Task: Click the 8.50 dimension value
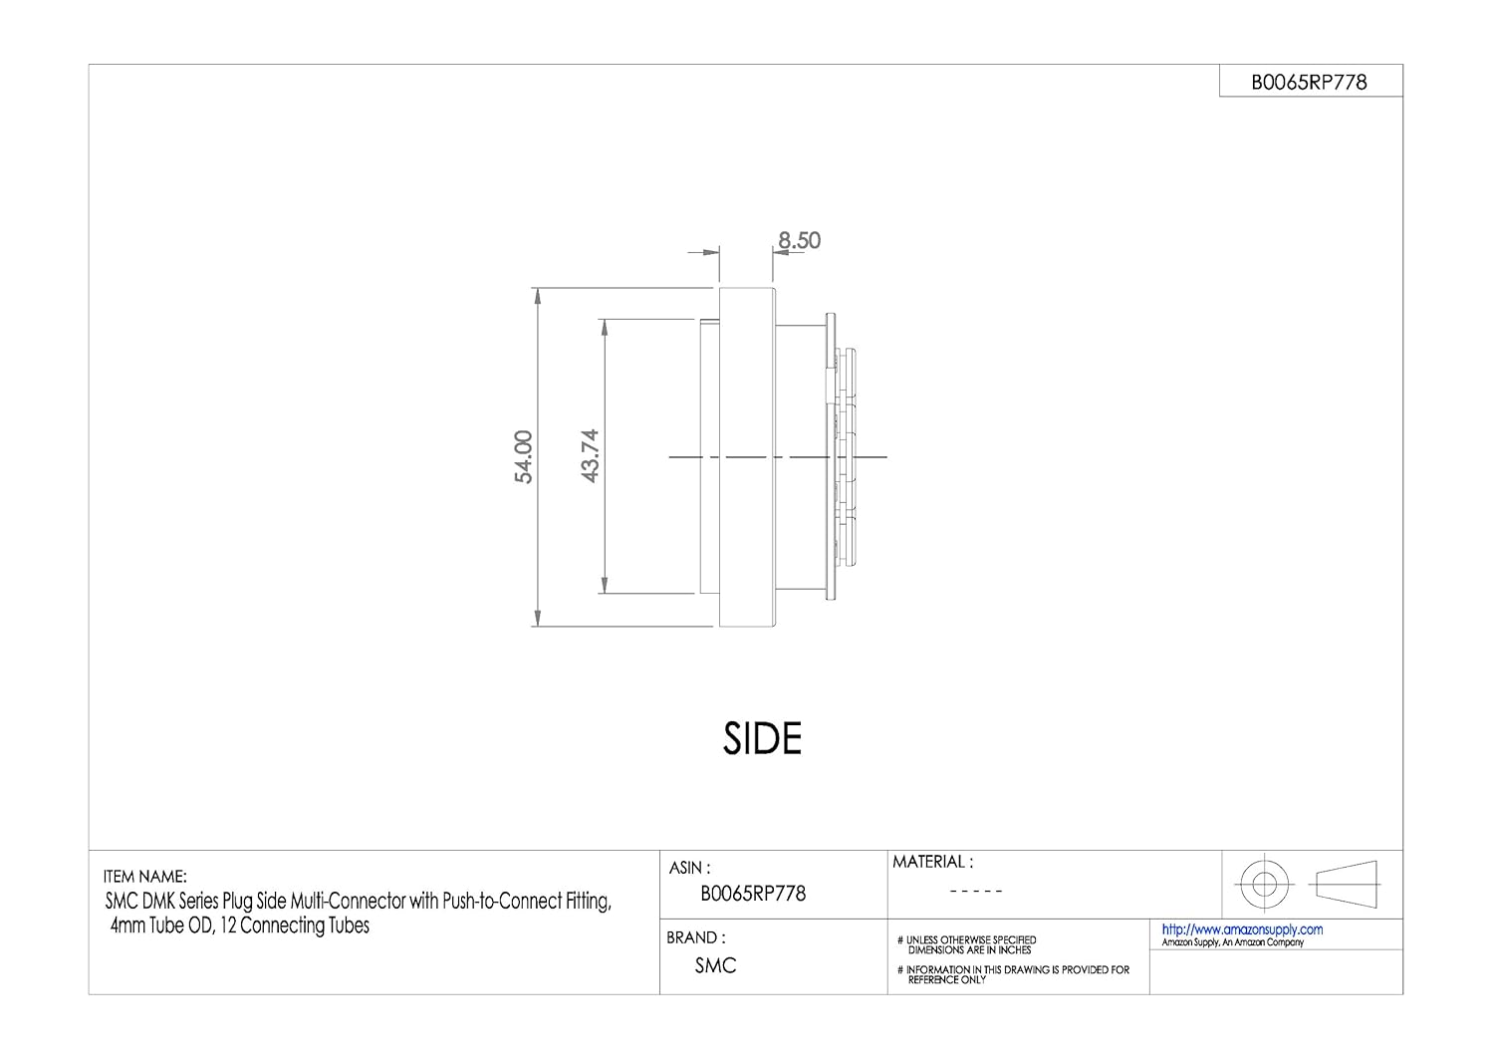(800, 241)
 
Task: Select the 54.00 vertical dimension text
(524, 457)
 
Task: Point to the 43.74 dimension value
(590, 456)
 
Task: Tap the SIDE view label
(762, 738)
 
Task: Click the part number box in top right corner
(1310, 83)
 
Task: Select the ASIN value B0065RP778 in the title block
(753, 894)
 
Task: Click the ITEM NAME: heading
(144, 878)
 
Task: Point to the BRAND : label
(695, 937)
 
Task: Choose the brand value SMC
(715, 965)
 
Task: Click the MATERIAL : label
(932, 862)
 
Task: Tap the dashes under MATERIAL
(975, 892)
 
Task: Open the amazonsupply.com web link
(1242, 929)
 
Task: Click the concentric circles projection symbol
(1263, 883)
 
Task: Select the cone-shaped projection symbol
(1347, 883)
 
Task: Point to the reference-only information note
(1016, 974)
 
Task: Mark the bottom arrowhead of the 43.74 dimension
(604, 587)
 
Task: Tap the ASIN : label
(690, 869)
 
